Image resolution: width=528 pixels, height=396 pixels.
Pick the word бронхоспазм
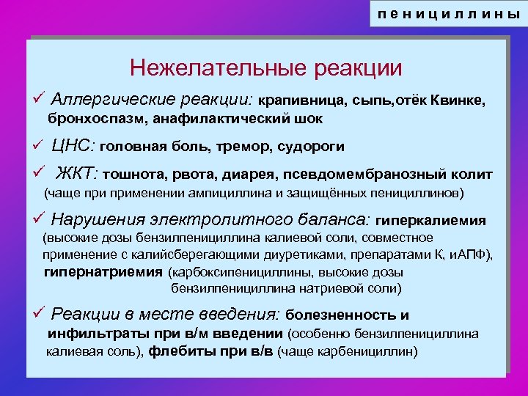coord(92,118)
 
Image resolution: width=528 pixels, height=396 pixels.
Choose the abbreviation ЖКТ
coord(78,173)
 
